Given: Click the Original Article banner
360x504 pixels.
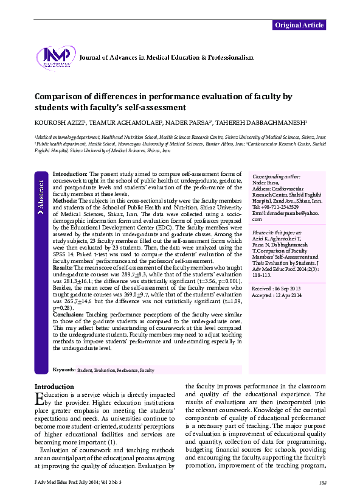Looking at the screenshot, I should (299, 25).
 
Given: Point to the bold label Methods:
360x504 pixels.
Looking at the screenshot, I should (65, 200).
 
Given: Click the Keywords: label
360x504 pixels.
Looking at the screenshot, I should (64, 369).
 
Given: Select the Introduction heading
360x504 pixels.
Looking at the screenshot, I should (54, 387).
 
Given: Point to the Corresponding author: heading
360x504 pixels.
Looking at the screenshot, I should (275, 176).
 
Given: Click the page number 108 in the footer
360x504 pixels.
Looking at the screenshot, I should (322, 483).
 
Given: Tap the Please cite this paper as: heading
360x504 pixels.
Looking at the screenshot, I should (277, 233).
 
